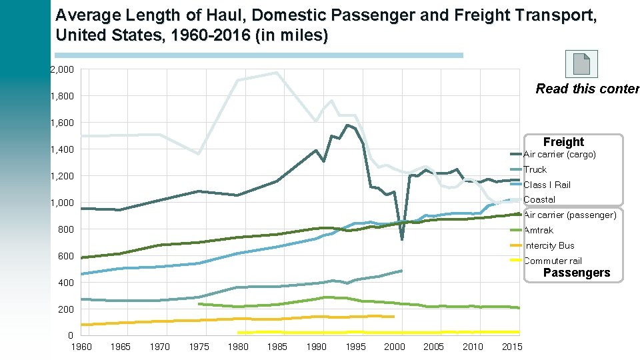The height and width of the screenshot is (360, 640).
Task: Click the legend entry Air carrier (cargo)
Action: [x=559, y=155]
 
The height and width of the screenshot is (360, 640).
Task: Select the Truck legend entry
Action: [x=535, y=170]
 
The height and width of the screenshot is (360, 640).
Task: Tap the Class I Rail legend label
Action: [x=547, y=185]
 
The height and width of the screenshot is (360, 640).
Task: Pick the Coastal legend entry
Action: [x=539, y=200]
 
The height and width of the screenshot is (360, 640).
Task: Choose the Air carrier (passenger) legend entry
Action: [x=569, y=215]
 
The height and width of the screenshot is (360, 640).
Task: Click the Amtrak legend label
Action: [x=538, y=230]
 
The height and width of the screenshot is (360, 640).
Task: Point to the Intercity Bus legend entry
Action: [x=549, y=245]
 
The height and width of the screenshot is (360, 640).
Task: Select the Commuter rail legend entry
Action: [x=553, y=261]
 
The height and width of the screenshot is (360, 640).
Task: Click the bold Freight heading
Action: [x=563, y=142]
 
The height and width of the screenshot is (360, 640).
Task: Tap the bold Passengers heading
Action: [x=577, y=273]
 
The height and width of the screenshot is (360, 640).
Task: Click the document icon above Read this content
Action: [x=581, y=65]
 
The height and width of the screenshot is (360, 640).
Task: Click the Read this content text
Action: [x=587, y=89]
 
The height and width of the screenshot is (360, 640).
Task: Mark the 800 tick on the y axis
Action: [x=67, y=229]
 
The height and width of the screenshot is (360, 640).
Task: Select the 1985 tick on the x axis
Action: [x=277, y=347]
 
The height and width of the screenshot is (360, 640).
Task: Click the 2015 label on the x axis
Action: [x=512, y=347]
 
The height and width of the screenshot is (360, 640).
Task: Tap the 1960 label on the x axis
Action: [x=81, y=347]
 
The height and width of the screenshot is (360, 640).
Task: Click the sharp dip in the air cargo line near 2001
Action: [x=402, y=239]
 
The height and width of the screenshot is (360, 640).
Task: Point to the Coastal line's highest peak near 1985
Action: [x=277, y=73]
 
